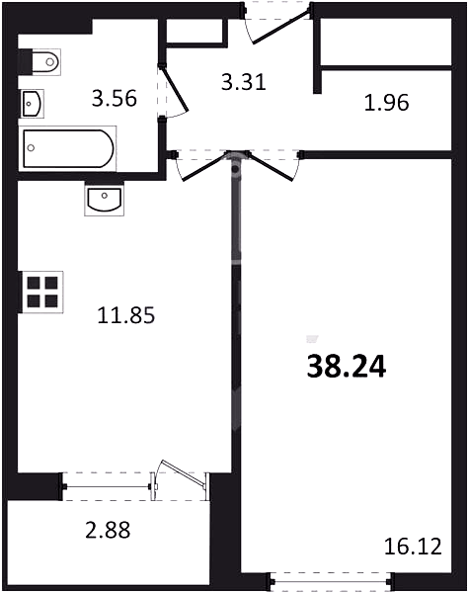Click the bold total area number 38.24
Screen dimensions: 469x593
tap(347, 367)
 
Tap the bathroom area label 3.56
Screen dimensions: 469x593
tap(114, 99)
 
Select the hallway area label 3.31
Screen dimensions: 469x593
tap(244, 82)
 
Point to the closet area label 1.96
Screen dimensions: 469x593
tap(387, 103)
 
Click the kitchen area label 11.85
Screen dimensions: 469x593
tap(126, 315)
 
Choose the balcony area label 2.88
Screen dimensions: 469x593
tap(108, 530)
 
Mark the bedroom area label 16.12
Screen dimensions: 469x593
tap(413, 547)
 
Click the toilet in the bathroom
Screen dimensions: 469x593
tap(39, 61)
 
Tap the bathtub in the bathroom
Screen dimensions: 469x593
tap(68, 148)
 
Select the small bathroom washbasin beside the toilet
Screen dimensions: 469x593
tap(33, 103)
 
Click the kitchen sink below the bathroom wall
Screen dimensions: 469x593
tap(105, 200)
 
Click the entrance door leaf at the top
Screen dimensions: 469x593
tap(281, 27)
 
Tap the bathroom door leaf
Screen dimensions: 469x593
tap(175, 89)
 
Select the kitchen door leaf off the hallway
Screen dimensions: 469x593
tap(204, 167)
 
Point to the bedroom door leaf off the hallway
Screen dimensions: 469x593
tap(270, 167)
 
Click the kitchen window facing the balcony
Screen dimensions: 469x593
tap(108, 486)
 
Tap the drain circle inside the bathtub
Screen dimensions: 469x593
tap(31, 148)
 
